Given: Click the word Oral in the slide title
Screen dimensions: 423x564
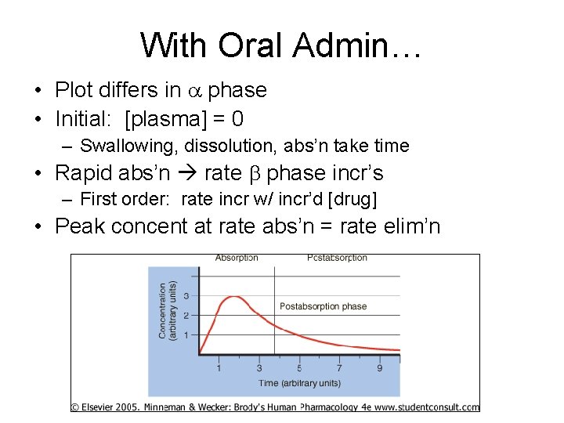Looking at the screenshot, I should click(249, 45).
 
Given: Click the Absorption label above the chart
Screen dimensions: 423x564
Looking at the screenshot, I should click(237, 258).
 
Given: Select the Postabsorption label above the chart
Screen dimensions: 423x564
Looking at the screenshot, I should click(337, 258).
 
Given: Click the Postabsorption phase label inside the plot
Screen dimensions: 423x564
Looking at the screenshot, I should click(323, 306).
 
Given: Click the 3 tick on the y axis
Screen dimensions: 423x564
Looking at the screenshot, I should click(186, 296).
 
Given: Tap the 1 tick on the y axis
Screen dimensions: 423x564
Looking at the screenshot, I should click(186, 335).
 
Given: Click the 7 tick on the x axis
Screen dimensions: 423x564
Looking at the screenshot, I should click(339, 367).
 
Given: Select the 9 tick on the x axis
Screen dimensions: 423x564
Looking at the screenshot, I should click(380, 367).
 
